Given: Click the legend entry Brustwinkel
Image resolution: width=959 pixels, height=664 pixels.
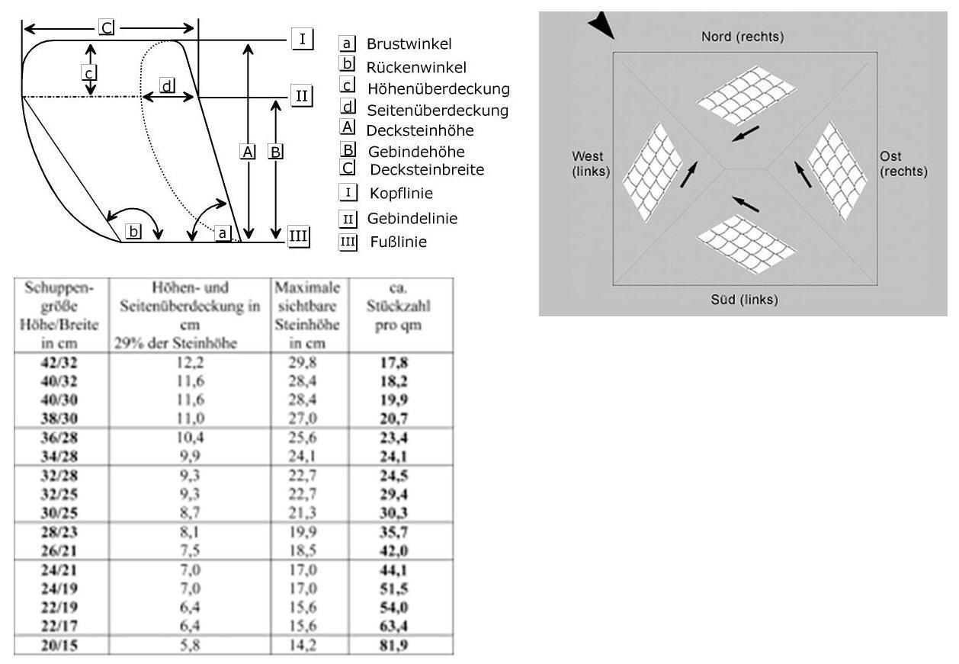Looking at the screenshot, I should pyautogui.click(x=409, y=44).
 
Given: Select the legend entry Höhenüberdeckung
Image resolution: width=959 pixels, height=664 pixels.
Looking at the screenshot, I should pyautogui.click(x=438, y=88).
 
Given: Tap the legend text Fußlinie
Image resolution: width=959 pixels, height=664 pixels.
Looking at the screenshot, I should pyautogui.click(x=396, y=242).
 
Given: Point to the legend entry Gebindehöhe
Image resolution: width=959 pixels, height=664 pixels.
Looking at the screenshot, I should pyautogui.click(x=415, y=151).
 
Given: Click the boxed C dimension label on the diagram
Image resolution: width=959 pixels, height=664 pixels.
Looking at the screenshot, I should pyautogui.click(x=107, y=27).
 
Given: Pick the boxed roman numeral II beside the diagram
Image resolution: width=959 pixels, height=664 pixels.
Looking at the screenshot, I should pyautogui.click(x=302, y=96).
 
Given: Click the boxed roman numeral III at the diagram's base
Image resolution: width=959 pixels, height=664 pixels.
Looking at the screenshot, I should pyautogui.click(x=298, y=236).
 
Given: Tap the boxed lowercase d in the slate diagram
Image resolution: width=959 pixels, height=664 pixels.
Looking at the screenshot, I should pyautogui.click(x=167, y=85).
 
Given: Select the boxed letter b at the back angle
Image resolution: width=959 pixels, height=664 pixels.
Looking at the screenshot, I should pyautogui.click(x=133, y=231).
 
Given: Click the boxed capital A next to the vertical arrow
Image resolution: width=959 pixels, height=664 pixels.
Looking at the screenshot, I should pyautogui.click(x=247, y=151).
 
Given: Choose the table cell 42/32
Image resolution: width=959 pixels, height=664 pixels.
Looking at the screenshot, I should pyautogui.click(x=59, y=363).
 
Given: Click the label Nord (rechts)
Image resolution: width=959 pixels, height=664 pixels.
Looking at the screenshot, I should pyautogui.click(x=743, y=37).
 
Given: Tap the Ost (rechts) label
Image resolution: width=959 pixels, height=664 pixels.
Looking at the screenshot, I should pyautogui.click(x=903, y=164).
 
